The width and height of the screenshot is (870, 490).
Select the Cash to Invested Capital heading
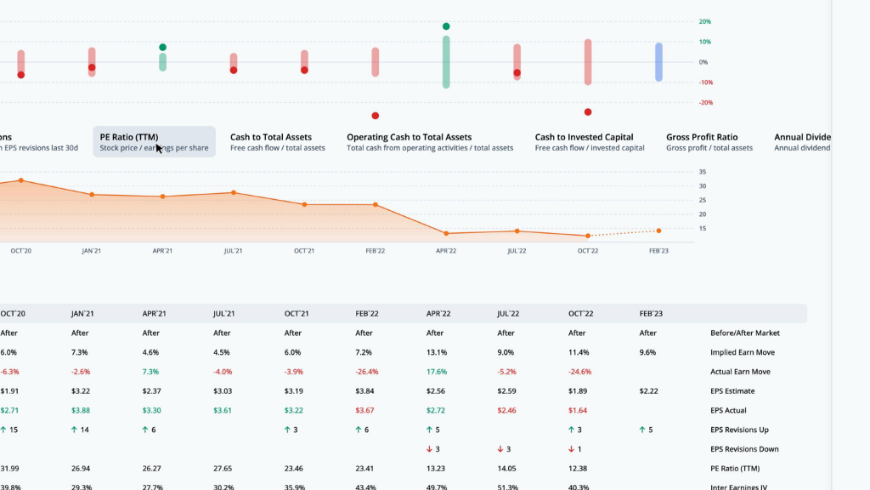(584, 137)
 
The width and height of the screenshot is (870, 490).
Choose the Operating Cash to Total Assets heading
(409, 137)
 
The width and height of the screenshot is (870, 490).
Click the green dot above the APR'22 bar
(446, 26)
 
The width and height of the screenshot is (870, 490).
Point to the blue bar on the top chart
(658, 62)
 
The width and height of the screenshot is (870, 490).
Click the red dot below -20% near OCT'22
(588, 112)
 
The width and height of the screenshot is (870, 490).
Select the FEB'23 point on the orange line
(658, 231)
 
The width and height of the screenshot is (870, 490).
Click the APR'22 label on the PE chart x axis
(446, 251)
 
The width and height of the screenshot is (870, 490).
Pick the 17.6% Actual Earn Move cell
(436, 372)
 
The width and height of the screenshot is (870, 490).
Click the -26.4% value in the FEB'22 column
(366, 372)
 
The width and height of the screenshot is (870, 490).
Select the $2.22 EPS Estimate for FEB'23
(649, 391)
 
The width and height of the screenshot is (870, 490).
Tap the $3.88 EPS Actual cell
(82, 411)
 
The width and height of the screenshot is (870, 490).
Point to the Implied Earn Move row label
(743, 352)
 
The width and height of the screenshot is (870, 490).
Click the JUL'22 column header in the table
(508, 313)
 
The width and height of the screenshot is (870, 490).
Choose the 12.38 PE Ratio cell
(579, 469)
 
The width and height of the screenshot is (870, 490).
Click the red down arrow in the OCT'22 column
(572, 449)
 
